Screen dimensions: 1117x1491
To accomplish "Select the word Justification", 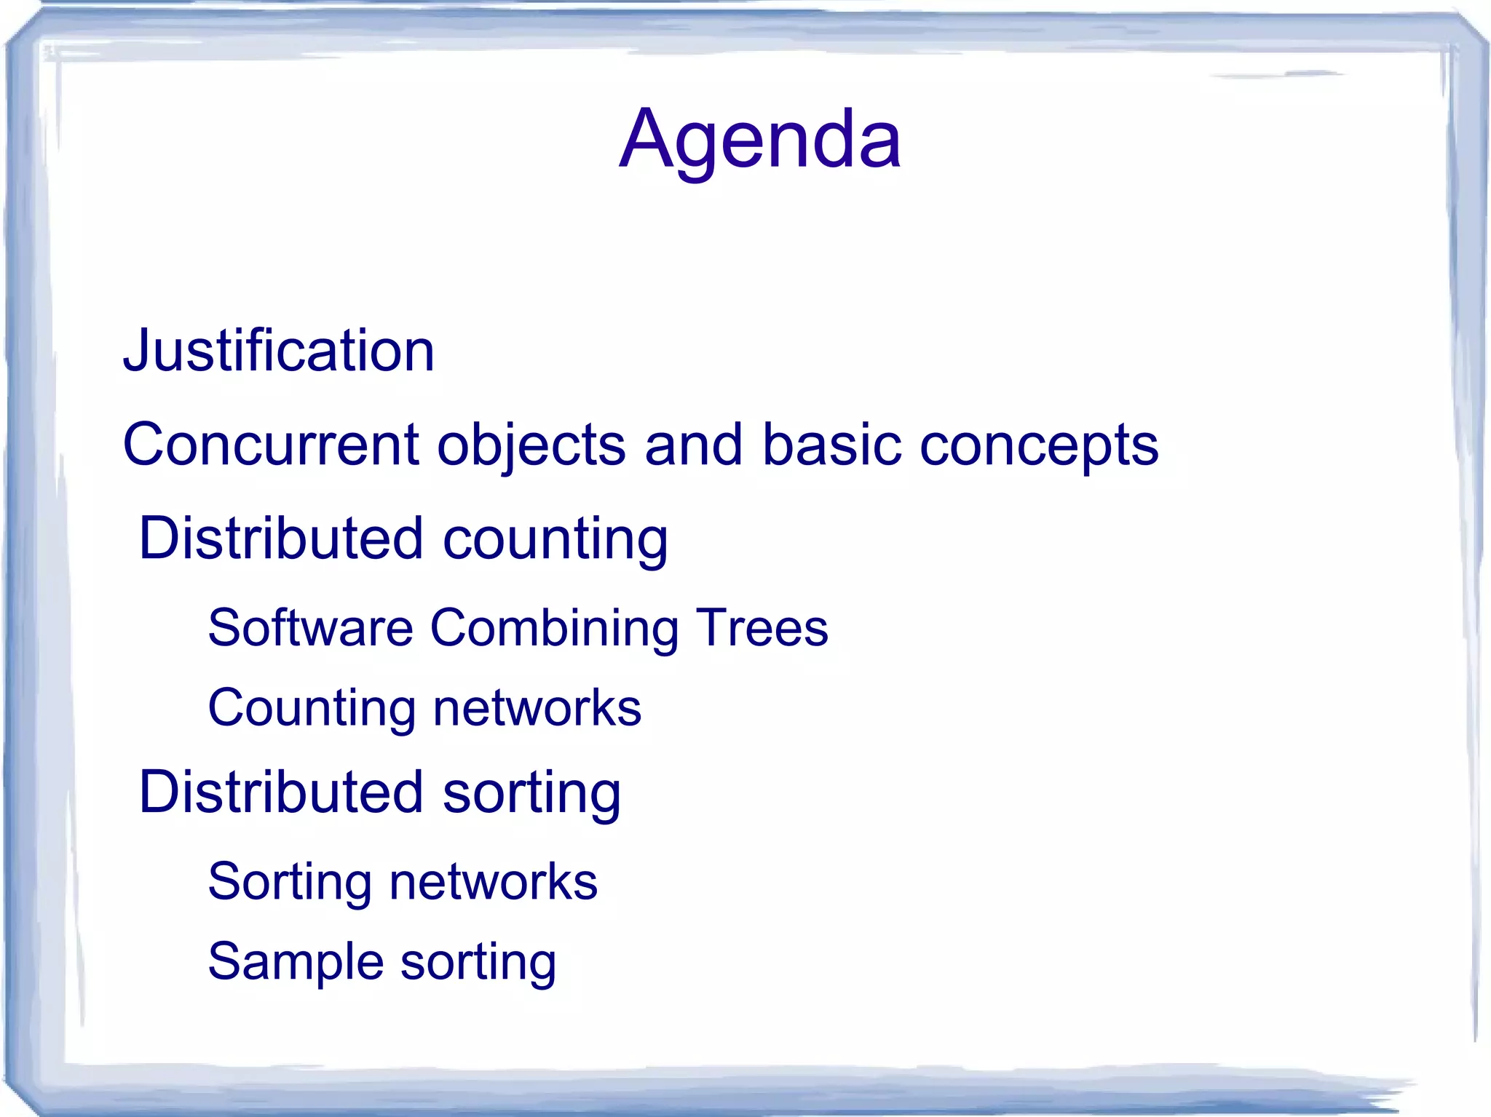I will [x=279, y=351].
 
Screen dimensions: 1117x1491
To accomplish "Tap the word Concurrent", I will [x=271, y=445].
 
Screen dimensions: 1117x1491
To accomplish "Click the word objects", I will [x=531, y=446].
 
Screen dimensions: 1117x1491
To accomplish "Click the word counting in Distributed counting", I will [x=555, y=540].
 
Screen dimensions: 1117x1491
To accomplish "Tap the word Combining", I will [x=553, y=629].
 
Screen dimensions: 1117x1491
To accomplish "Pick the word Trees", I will [x=762, y=627].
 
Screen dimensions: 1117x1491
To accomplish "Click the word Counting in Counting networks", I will [x=312, y=708].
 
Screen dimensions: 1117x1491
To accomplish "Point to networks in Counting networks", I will [x=537, y=708].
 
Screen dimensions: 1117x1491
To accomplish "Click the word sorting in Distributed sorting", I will [x=531, y=794].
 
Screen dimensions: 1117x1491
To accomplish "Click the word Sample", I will [x=295, y=962].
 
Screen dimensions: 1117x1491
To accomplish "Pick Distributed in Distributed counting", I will [x=281, y=538].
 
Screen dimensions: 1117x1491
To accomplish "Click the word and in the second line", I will [x=694, y=445].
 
